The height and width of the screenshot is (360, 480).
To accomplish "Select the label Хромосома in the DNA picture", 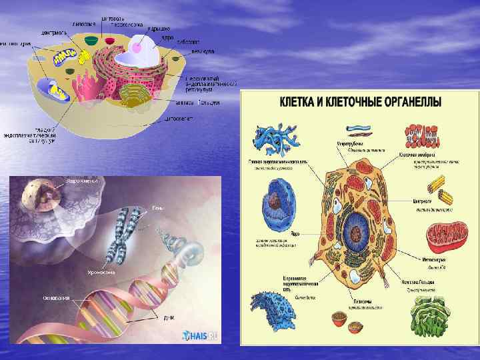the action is click(101, 273).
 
